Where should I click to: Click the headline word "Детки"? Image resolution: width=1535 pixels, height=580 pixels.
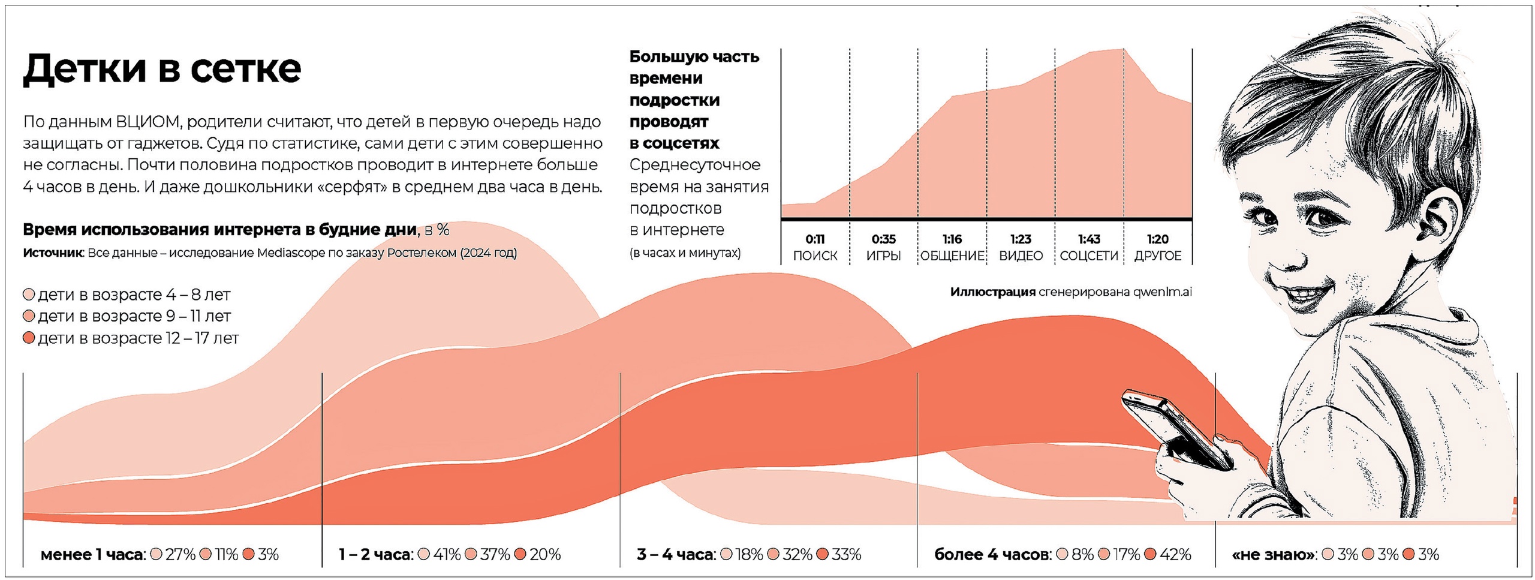(x=84, y=69)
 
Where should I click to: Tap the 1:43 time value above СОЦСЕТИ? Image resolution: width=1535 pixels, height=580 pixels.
(x=1089, y=239)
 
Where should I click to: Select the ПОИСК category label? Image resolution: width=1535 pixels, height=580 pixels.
(x=815, y=256)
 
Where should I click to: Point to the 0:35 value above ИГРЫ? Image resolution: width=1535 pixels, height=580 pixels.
(x=883, y=239)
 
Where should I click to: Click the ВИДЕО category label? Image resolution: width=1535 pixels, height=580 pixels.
(x=1021, y=256)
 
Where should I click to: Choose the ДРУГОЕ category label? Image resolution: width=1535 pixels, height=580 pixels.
(x=1157, y=256)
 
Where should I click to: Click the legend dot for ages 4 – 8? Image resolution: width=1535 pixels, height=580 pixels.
(x=28, y=294)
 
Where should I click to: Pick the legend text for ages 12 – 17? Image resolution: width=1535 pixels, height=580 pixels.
(x=139, y=338)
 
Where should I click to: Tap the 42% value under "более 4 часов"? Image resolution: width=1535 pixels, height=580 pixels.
(x=1175, y=555)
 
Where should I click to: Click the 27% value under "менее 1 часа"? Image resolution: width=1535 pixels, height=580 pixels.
(x=180, y=555)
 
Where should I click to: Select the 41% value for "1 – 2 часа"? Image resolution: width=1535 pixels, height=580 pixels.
(x=446, y=555)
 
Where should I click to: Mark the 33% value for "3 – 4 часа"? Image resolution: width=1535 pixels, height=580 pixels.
(x=846, y=555)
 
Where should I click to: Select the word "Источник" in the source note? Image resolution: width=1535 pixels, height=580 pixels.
(x=52, y=253)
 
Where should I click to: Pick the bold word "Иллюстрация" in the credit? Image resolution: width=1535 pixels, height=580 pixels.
(x=992, y=292)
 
